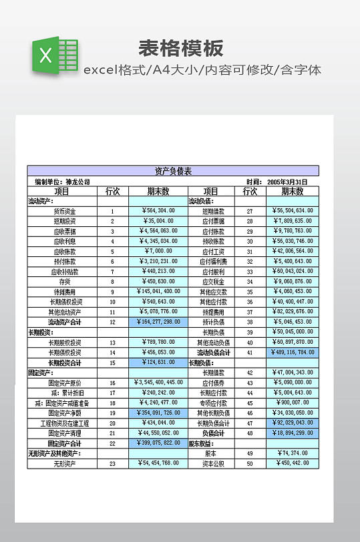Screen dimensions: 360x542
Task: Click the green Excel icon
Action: pyautogui.click(x=53, y=55)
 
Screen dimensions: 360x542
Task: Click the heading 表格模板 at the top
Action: pyautogui.click(x=180, y=48)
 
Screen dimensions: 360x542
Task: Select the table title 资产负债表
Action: pyautogui.click(x=173, y=171)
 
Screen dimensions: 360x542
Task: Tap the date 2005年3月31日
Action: pyautogui.click(x=287, y=182)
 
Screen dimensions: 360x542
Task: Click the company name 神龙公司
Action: pyautogui.click(x=77, y=182)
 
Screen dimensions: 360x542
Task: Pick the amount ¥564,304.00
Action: pyautogui.click(x=158, y=210)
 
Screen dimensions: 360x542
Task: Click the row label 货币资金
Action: pyautogui.click(x=65, y=211)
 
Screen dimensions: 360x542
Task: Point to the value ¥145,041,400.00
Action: pyautogui.click(x=158, y=291)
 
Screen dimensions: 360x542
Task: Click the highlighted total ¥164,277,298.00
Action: pyautogui.click(x=158, y=322)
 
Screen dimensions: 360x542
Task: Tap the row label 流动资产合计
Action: pyautogui.click(x=65, y=322)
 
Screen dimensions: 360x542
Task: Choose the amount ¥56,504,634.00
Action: pyautogui.click(x=293, y=210)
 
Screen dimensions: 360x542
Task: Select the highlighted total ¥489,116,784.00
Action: pyautogui.click(x=293, y=352)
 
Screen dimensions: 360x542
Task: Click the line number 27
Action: pyautogui.click(x=249, y=211)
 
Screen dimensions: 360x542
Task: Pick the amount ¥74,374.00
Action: pyautogui.click(x=293, y=453)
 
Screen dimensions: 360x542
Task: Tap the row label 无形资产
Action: pyautogui.click(x=65, y=463)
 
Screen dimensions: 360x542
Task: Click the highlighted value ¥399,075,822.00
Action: pyautogui.click(x=158, y=443)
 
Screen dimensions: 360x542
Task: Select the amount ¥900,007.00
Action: pyautogui.click(x=293, y=402)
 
